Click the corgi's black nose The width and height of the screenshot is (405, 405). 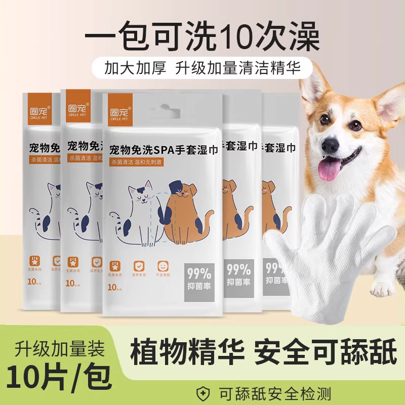click(330, 145)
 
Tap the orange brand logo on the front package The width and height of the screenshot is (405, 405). click(120, 109)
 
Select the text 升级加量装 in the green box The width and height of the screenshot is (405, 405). click(56, 349)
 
